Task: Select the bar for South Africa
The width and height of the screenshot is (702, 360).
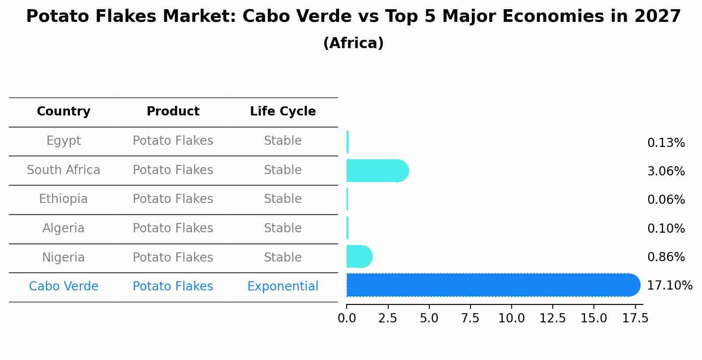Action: click(x=377, y=171)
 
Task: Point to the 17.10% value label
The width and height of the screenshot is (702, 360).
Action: click(x=669, y=286)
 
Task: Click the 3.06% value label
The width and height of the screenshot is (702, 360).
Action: click(x=666, y=171)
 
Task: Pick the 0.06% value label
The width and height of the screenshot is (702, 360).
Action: click(x=666, y=200)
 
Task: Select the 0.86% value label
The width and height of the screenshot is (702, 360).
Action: click(x=666, y=257)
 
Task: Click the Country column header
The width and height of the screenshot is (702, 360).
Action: click(x=63, y=112)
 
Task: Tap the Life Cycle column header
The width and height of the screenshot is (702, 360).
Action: click(x=283, y=112)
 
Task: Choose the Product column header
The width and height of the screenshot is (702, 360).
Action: click(x=173, y=112)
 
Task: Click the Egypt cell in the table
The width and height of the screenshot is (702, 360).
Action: click(x=63, y=141)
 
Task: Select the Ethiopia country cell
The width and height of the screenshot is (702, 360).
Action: click(x=63, y=199)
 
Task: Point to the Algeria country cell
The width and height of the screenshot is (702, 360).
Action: click(x=63, y=228)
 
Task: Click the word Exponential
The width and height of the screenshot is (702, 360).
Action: click(x=283, y=287)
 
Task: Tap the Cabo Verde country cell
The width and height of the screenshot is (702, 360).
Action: click(x=63, y=287)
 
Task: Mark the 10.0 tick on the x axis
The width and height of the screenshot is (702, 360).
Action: click(x=511, y=318)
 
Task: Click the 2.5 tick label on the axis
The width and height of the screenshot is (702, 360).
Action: click(x=388, y=318)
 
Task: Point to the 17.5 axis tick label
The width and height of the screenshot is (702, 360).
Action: click(x=635, y=318)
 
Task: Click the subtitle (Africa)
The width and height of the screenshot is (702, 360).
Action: click(x=353, y=43)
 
